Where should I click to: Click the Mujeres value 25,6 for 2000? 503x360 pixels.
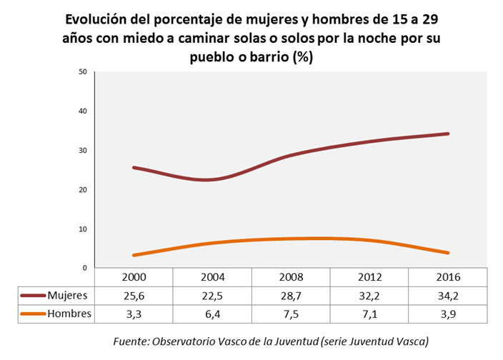[134, 295]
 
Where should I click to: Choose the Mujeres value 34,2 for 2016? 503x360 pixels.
[447, 295]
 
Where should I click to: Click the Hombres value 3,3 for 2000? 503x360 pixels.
[134, 314]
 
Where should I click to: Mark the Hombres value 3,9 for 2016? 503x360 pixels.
[447, 314]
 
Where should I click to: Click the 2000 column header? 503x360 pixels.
[134, 277]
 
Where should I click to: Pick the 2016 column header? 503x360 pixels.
[447, 277]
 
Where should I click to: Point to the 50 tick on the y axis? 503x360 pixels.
[83, 72]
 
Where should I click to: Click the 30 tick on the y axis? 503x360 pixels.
[83, 151]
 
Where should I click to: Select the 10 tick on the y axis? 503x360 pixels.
[83, 229]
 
